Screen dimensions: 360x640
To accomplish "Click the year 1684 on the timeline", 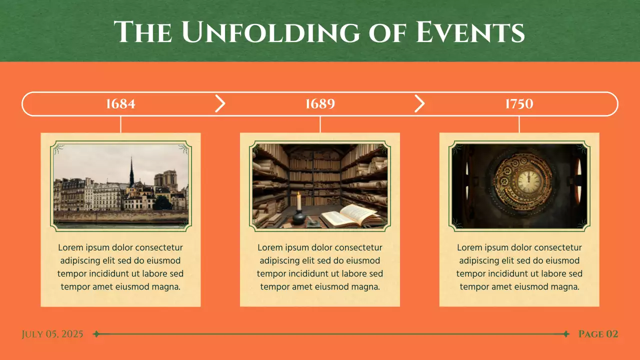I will click(x=120, y=104).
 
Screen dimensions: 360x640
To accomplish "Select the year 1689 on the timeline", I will click(x=320, y=104).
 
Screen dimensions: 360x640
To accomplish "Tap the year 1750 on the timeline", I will click(x=519, y=104).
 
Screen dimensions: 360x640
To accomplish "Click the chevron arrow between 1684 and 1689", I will click(x=220, y=103).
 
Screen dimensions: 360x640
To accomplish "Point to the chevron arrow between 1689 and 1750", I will click(x=419, y=103).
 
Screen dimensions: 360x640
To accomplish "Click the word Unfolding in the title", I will click(x=270, y=32).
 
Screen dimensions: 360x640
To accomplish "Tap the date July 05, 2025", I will click(x=52, y=334).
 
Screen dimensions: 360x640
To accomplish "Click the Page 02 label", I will click(x=598, y=334).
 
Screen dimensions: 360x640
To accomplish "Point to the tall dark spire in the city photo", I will click(x=131, y=172).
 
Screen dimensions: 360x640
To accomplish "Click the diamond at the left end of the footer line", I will click(x=96, y=334).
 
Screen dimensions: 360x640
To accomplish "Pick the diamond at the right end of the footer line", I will click(x=566, y=334).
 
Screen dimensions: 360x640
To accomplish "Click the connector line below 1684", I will click(x=120, y=124).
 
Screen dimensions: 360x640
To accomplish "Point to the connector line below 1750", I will click(x=519, y=124).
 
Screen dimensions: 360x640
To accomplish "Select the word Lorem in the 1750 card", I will click(x=469, y=248).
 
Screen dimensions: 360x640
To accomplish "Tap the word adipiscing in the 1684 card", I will click(x=80, y=261).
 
